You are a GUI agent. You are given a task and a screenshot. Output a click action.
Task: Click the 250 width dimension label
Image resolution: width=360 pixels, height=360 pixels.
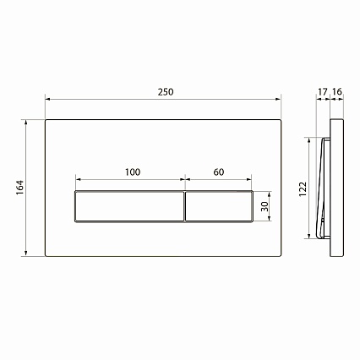tap(166, 92)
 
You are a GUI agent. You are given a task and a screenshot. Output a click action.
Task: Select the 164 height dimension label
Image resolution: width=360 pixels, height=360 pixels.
tap(20, 188)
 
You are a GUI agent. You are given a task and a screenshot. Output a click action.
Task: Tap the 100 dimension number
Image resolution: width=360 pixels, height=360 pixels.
tap(133, 172)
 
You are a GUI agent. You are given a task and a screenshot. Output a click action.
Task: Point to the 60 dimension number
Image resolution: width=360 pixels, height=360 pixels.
tap(219, 172)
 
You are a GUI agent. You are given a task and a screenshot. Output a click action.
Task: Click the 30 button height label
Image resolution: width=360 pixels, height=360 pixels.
tap(265, 206)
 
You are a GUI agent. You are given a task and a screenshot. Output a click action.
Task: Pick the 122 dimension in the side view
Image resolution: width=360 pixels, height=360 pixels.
tap(303, 189)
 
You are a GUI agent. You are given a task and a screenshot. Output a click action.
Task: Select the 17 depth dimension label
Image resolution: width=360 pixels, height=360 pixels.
tap(323, 92)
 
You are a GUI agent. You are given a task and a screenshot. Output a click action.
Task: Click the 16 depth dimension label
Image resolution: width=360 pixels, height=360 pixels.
tap(337, 92)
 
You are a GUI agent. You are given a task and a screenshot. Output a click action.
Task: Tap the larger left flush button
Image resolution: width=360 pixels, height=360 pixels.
tap(129, 206)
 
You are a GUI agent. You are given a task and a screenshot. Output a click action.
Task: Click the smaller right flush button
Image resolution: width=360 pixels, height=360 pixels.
tap(219, 206)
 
